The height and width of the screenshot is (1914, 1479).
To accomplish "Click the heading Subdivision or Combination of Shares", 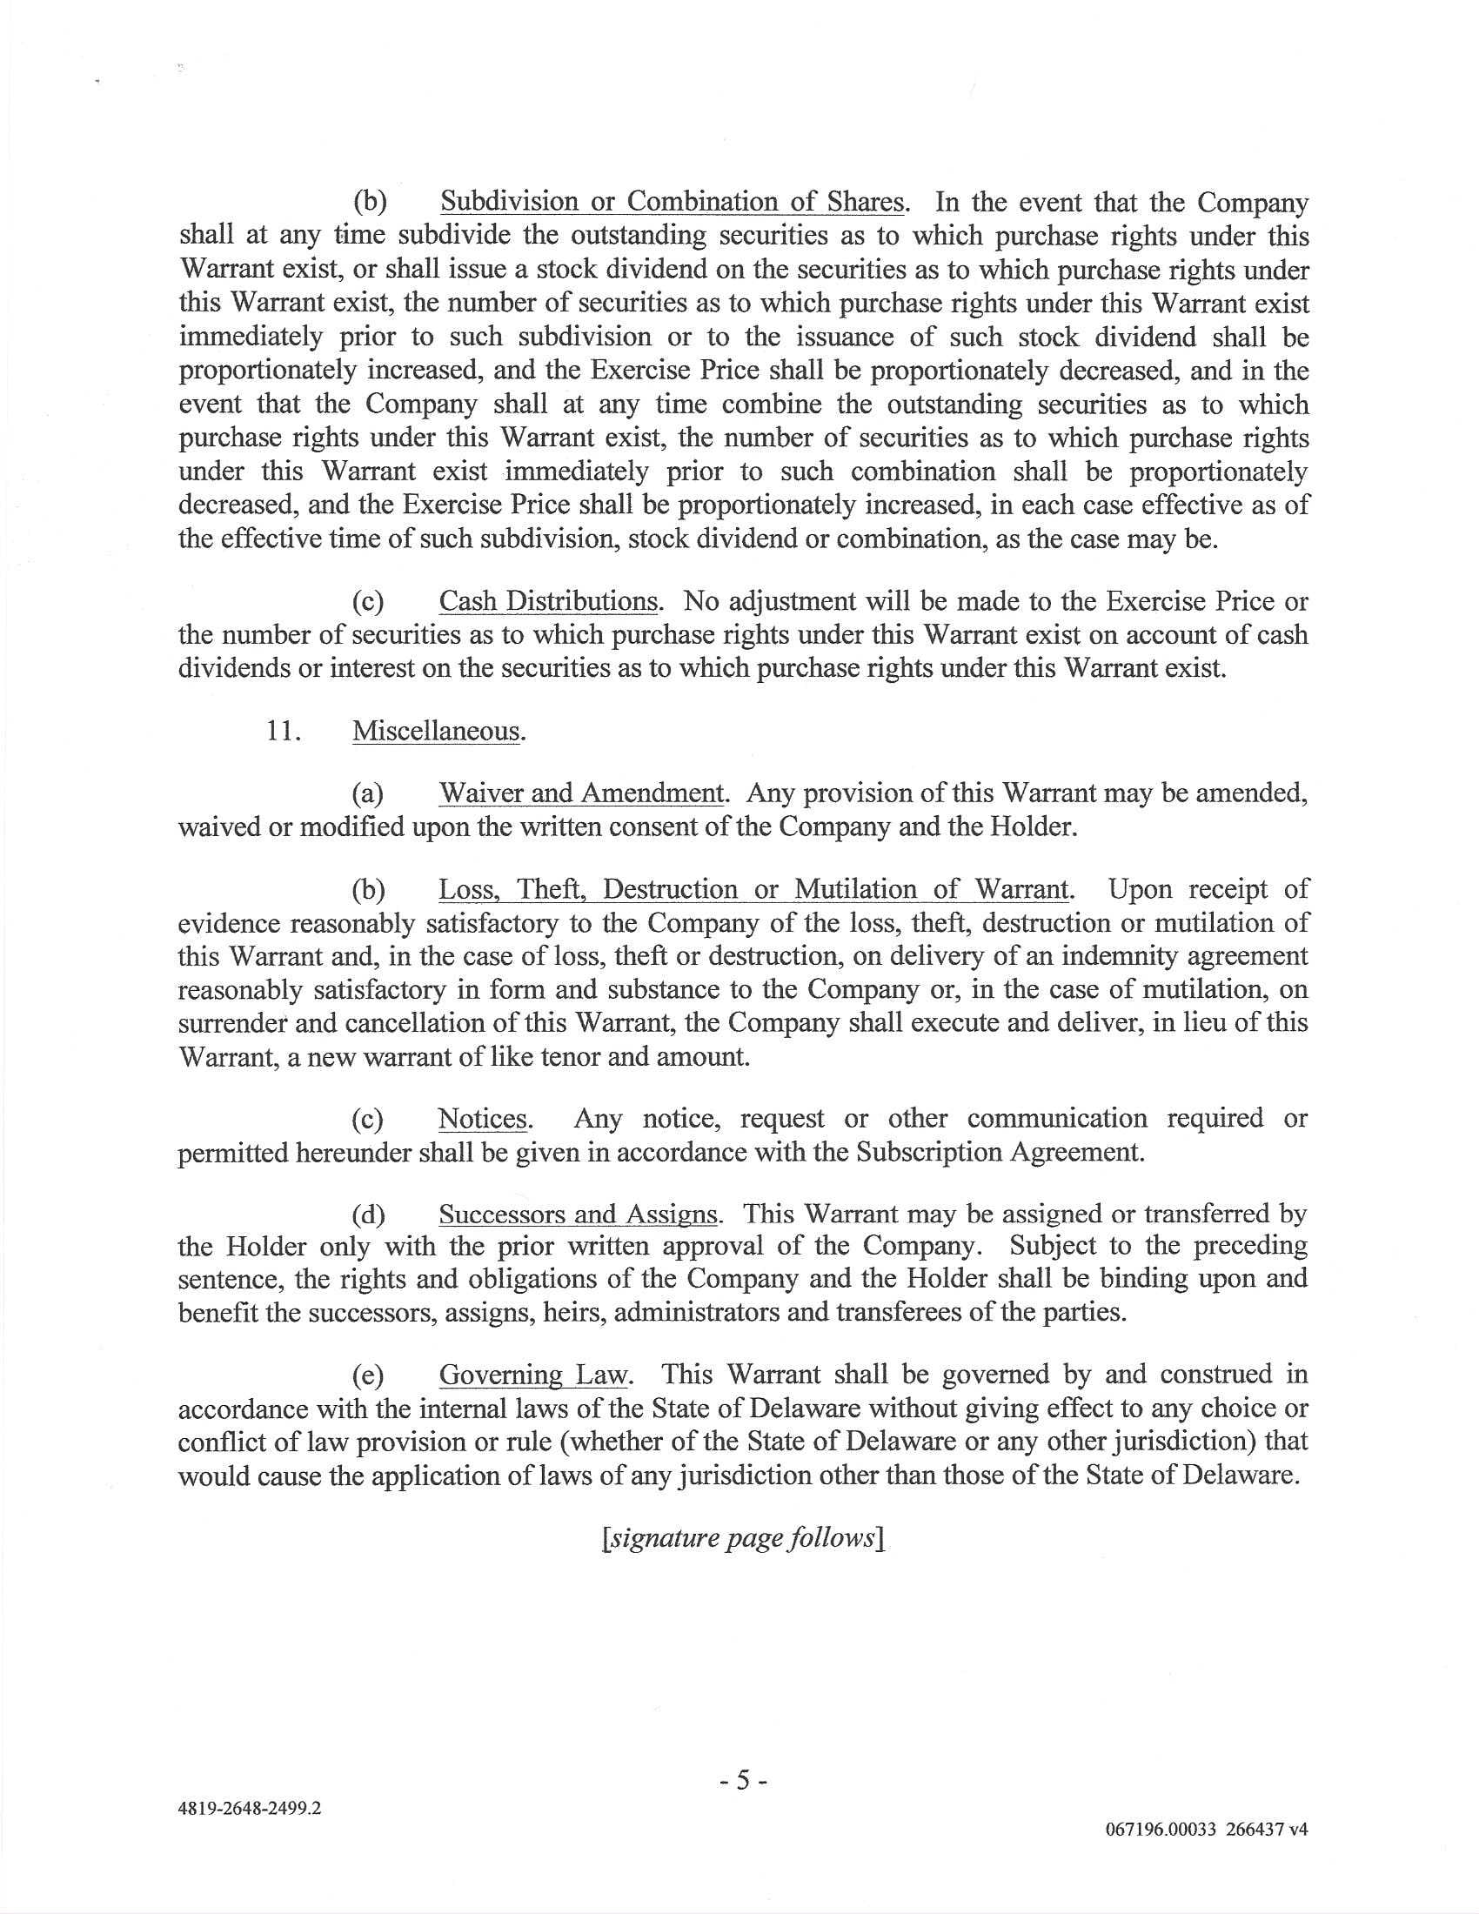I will click(x=672, y=203).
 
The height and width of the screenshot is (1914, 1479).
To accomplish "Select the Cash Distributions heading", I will click(x=547, y=601).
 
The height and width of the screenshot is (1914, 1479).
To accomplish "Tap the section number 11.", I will click(x=284, y=731).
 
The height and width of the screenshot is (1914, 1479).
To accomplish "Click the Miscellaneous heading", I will click(x=437, y=731).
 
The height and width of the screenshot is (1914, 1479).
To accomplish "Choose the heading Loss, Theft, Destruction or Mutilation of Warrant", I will click(x=753, y=889).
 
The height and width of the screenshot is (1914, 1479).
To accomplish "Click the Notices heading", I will click(x=483, y=1119).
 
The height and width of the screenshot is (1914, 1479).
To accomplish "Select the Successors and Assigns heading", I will click(x=579, y=1215).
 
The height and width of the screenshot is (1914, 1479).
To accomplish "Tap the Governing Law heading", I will click(x=533, y=1374).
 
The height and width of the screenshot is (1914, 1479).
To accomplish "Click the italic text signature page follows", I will click(x=740, y=1538).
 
